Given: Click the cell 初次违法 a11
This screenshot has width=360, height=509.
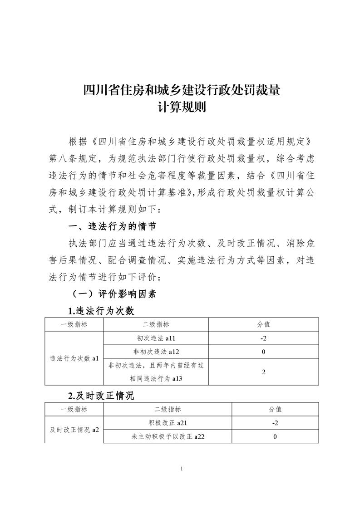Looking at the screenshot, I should click(156, 338).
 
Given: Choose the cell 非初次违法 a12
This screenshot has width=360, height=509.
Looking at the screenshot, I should click(156, 351).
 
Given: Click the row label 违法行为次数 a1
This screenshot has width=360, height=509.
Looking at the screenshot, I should click(74, 358).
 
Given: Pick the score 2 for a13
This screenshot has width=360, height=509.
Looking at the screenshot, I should click(263, 372).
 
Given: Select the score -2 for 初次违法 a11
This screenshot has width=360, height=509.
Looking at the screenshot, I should click(263, 338).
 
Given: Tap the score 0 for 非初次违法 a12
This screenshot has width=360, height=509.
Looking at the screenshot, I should click(263, 351).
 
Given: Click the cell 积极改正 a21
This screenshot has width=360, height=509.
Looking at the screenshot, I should click(168, 423).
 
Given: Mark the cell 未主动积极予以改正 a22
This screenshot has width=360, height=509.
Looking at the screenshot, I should click(168, 436).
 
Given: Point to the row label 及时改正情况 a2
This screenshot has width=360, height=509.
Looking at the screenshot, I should click(74, 430).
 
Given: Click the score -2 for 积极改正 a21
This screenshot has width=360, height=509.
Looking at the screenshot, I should click(275, 423).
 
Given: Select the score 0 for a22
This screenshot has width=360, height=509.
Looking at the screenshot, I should click(275, 436).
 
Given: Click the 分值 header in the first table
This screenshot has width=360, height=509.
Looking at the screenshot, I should click(263, 324).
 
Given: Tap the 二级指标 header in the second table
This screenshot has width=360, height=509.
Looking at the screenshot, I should click(168, 409).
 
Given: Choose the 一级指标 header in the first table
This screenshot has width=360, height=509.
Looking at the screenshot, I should click(74, 324).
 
